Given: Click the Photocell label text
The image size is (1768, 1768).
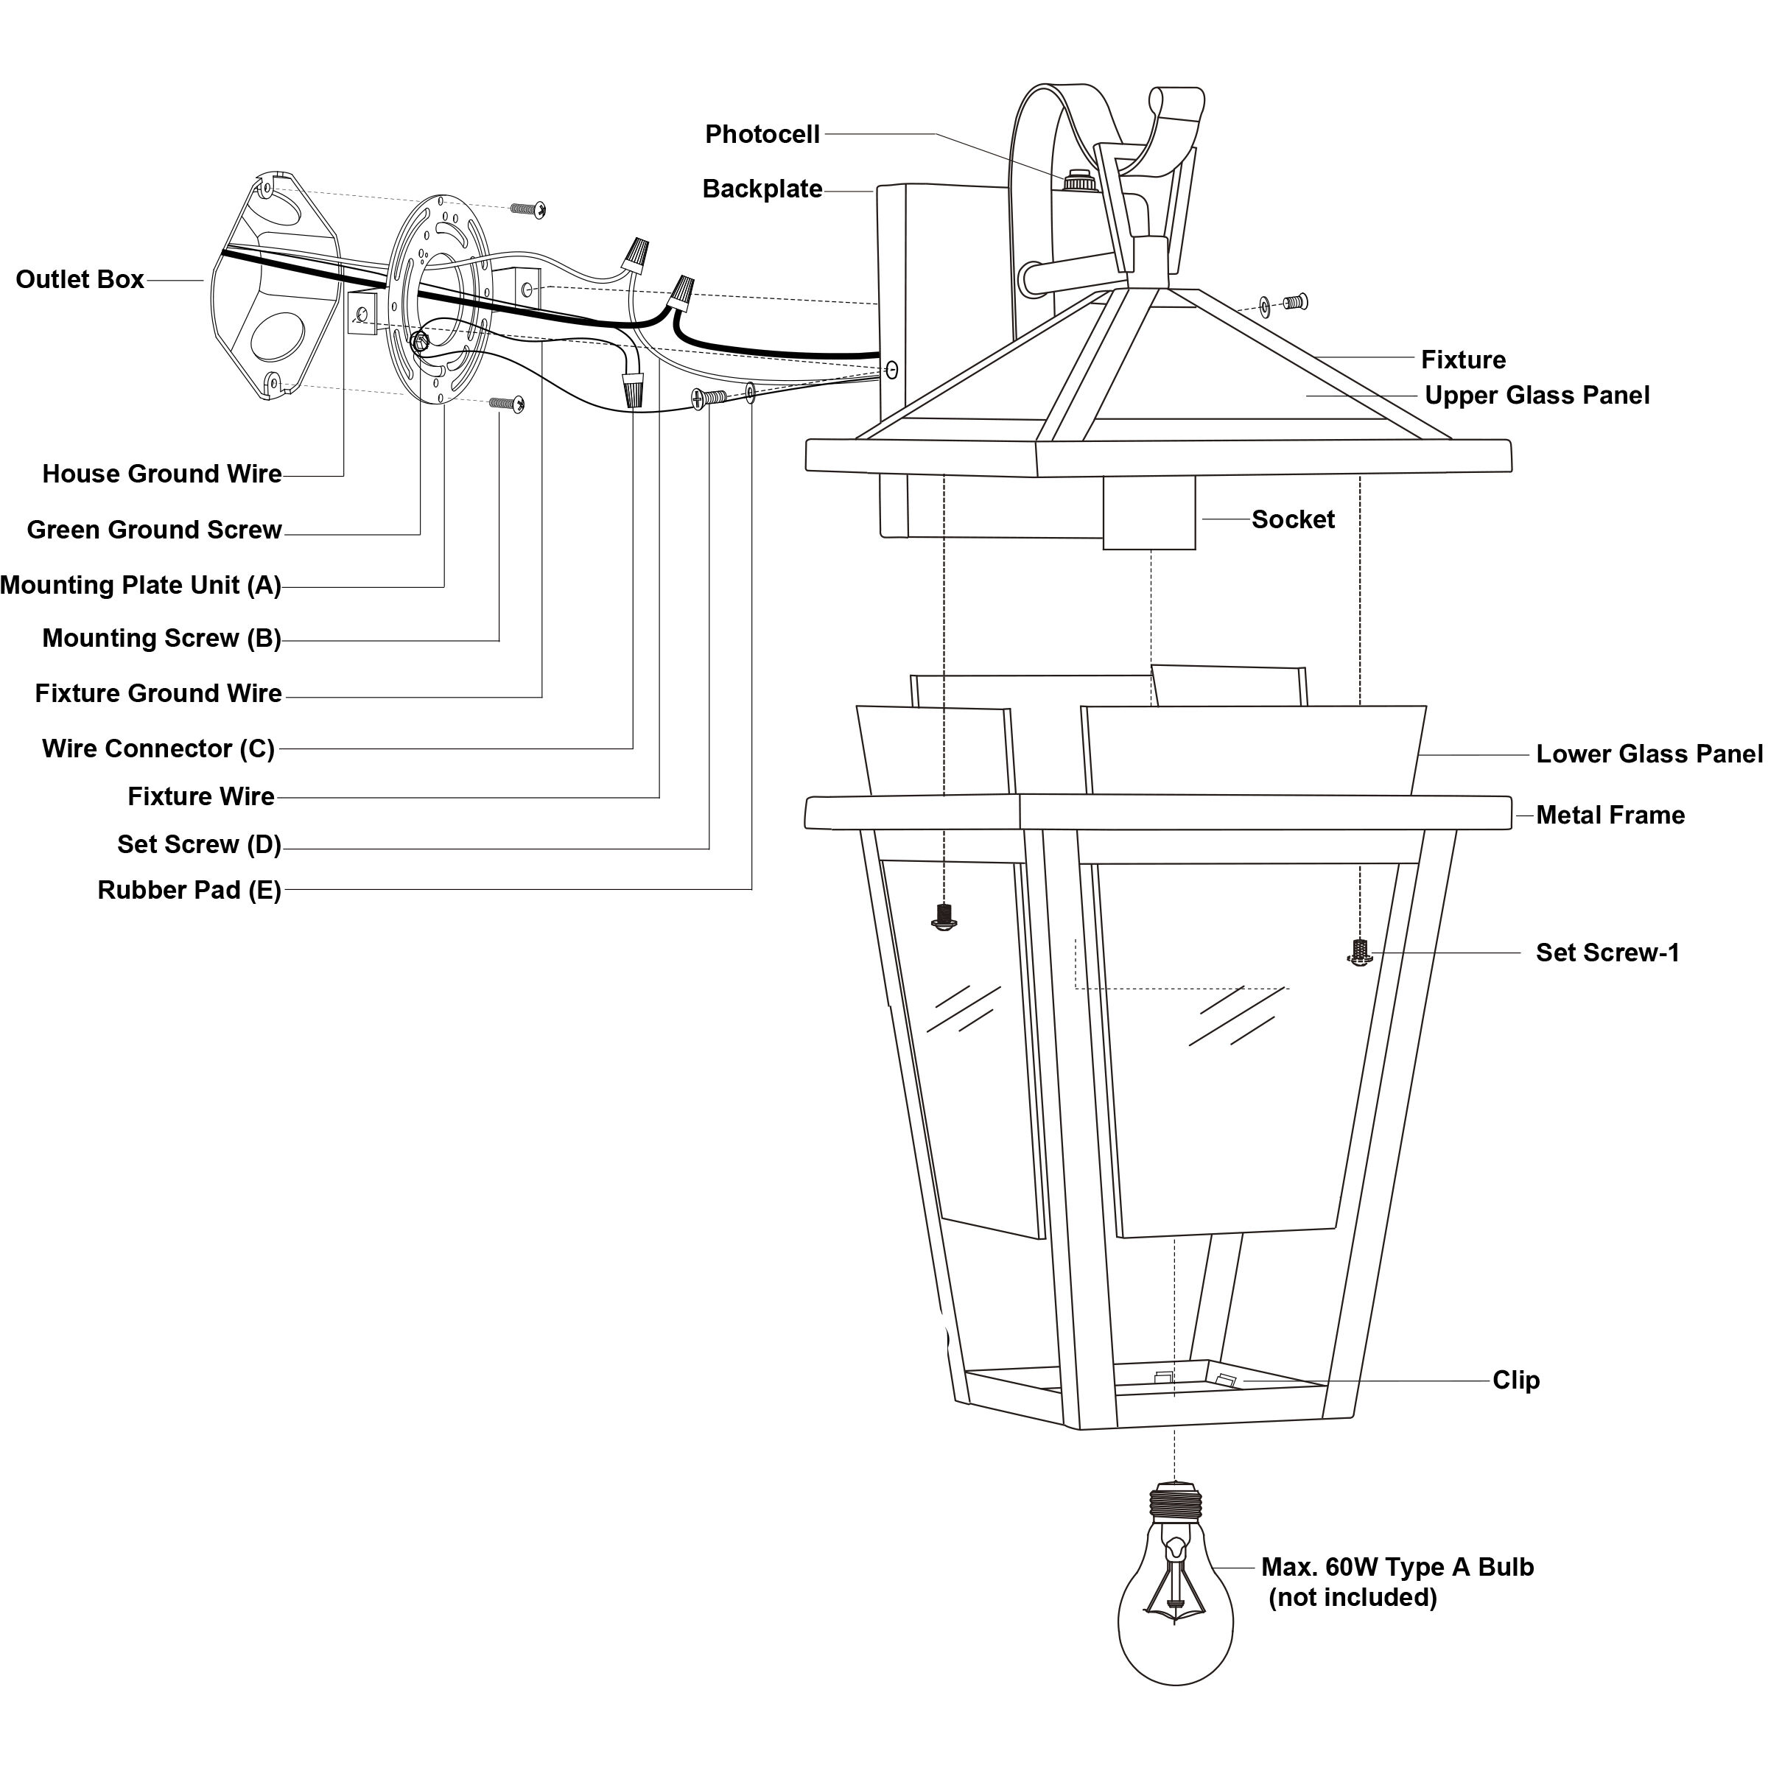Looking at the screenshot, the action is pos(762,135).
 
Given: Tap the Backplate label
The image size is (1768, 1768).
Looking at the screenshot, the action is pos(762,189).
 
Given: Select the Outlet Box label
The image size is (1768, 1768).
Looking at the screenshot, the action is pos(80,279).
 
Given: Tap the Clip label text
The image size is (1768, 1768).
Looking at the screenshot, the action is pos(1516,1380).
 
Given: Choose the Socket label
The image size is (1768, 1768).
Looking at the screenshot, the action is pos(1293,520).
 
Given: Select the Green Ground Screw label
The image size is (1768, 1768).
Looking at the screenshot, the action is pos(155,530).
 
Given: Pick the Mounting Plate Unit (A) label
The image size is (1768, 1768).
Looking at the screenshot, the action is pos(141,585).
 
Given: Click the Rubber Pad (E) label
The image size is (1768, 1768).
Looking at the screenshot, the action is pos(189,891).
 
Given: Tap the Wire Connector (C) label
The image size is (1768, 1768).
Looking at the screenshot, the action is pos(158,748).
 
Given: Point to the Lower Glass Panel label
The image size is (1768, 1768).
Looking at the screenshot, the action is pos(1650,754).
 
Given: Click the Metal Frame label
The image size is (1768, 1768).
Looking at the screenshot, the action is pos(1610,815).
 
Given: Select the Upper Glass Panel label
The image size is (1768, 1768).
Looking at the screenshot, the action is pos(1537,396).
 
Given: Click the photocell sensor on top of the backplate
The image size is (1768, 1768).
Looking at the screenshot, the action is pos(1080,180).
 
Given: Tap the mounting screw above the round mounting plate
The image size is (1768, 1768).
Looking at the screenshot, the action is pos(529,209).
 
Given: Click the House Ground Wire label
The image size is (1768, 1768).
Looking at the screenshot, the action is pos(162,474).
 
